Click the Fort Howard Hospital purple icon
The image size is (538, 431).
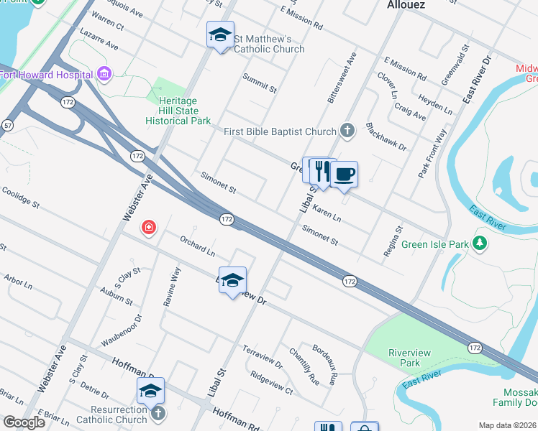104,73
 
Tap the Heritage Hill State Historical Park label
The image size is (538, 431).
178,111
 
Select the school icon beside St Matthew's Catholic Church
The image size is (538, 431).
220,34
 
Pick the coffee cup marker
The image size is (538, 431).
344,174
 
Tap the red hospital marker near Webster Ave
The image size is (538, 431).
149,228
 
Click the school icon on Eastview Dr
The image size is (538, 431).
232,281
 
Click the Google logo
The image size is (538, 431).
24,422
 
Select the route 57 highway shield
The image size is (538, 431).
7,125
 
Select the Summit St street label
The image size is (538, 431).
259,83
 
